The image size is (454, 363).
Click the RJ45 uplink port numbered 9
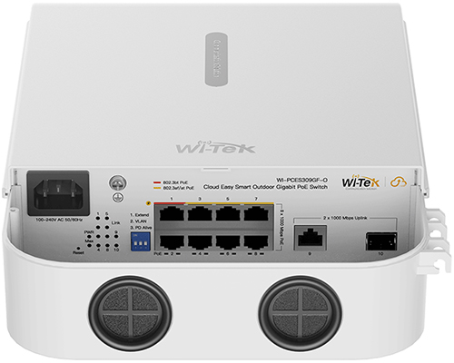click(312, 240)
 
